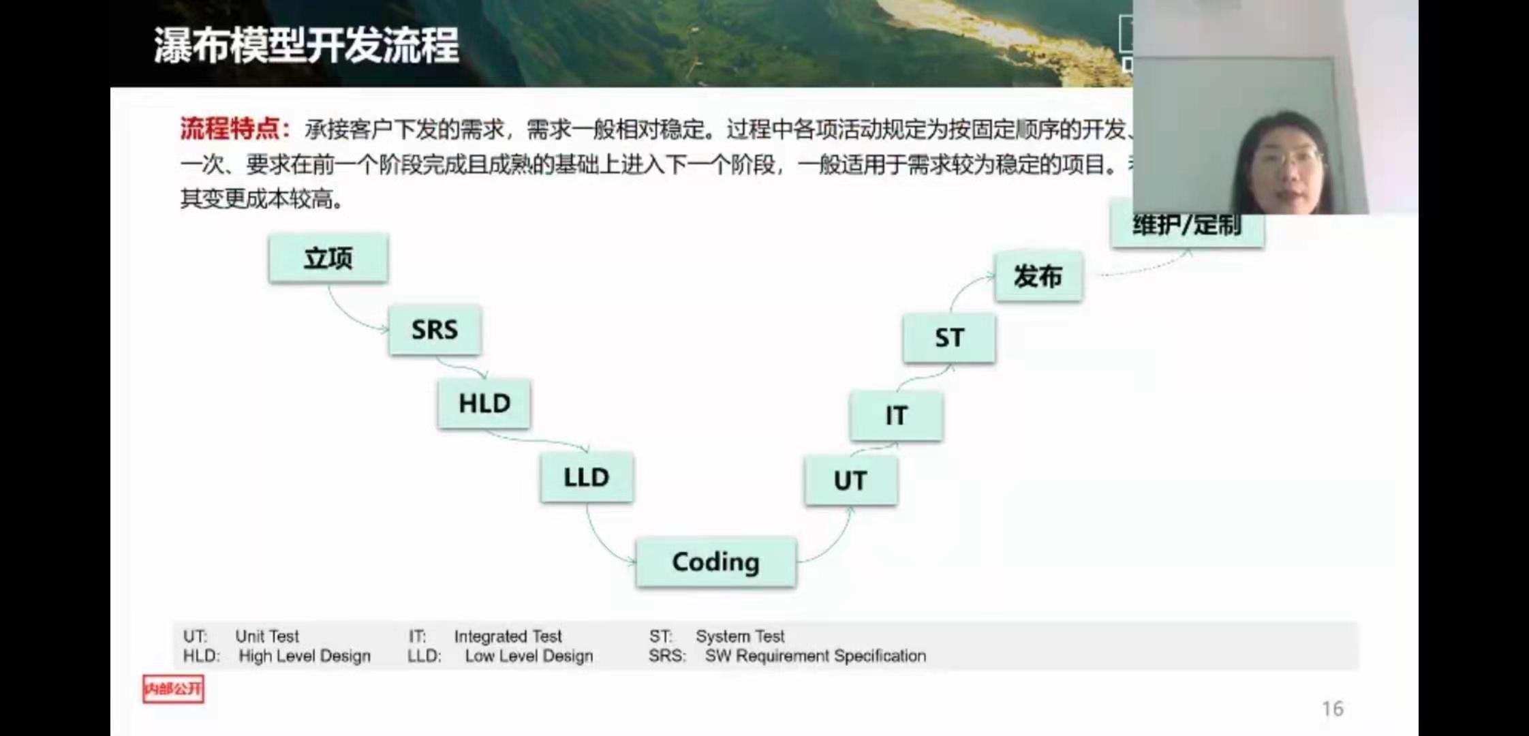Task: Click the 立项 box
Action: tap(328, 258)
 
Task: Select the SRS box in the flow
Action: tap(435, 330)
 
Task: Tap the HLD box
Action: tap(484, 403)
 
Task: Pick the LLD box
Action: tap(586, 477)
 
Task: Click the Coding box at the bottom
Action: tap(715, 562)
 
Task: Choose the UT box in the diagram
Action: tap(850, 481)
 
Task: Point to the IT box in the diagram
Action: tap(896, 416)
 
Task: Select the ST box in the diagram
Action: tap(948, 338)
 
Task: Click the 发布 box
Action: tap(1038, 277)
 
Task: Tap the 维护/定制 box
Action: tap(1187, 226)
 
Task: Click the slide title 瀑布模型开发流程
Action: tap(306, 46)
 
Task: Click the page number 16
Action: tap(1332, 709)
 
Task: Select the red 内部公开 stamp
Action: tap(173, 689)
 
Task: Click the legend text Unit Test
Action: tap(266, 637)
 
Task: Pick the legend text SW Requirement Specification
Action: tap(815, 656)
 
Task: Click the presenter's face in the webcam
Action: tap(1284, 167)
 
